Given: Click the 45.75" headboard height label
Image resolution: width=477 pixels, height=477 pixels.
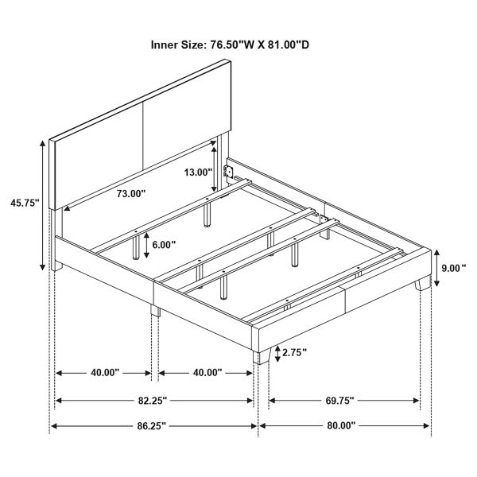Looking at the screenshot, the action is tap(25, 203).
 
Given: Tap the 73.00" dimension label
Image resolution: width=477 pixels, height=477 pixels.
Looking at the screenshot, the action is tap(131, 193).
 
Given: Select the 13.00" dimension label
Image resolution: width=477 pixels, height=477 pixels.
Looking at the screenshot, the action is tap(198, 173).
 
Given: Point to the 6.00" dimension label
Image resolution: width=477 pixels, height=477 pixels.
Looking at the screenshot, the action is tap(164, 245).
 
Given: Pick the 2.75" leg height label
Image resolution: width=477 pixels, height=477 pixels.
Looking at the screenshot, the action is tap(294, 352).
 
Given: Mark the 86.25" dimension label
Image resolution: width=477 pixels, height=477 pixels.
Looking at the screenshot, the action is tap(152, 425).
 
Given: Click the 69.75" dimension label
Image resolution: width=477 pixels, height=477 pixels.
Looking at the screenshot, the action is tap(339, 401).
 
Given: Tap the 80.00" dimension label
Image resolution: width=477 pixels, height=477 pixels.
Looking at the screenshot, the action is tap(341, 425).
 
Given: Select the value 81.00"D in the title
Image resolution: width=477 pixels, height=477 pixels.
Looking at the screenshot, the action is tap(289, 45).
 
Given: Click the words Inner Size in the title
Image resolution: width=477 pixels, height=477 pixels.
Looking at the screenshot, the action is tap(177, 45).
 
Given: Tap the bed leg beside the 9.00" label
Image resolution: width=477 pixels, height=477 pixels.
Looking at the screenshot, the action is tap(423, 284).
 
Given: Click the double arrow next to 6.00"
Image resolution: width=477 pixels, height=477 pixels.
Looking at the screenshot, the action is tap(146, 245).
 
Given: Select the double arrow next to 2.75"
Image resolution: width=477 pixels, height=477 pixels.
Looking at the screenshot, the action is tap(277, 354).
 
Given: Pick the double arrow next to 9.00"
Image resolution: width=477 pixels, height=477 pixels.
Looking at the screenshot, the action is tap(436, 268).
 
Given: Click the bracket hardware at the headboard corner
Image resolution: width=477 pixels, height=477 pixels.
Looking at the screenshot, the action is tap(228, 172).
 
